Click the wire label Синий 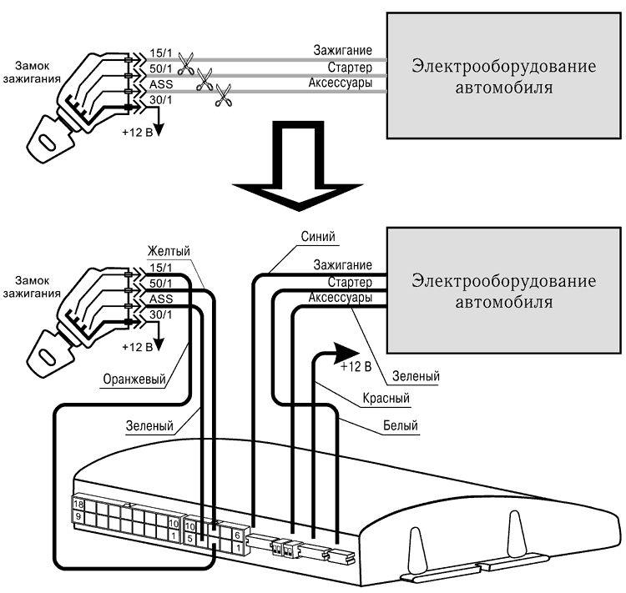[x=318, y=237]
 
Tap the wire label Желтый [x=169, y=251]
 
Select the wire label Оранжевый [x=134, y=379]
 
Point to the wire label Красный [x=386, y=398]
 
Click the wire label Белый [x=401, y=425]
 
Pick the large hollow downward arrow [x=298, y=165]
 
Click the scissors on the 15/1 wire [x=185, y=64]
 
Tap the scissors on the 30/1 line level [x=223, y=95]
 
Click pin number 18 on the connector [x=78, y=504]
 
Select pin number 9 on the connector [x=78, y=516]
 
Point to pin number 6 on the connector [x=237, y=535]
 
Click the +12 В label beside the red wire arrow [x=356, y=366]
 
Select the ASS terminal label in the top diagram [x=161, y=84]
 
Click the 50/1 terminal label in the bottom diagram [x=160, y=284]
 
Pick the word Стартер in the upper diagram [x=350, y=68]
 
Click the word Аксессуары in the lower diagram [x=341, y=297]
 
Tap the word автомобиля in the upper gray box [x=504, y=88]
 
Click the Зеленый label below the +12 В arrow [x=416, y=376]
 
